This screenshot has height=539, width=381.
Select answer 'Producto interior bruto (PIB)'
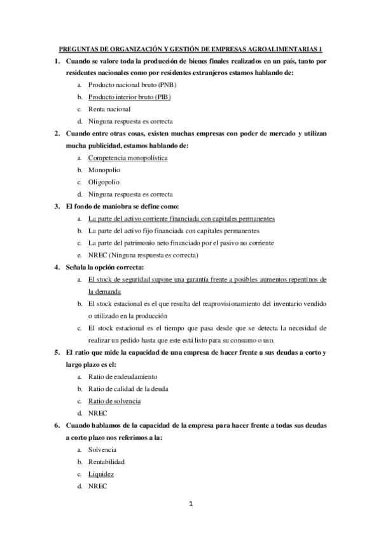point(129,97)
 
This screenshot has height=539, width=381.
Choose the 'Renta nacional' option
point(109,109)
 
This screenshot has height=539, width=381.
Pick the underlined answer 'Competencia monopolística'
point(128,158)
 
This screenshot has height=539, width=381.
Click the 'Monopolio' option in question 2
point(104,170)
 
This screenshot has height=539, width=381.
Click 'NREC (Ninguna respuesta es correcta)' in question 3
point(143,255)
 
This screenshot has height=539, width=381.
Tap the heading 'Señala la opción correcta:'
point(109,267)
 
